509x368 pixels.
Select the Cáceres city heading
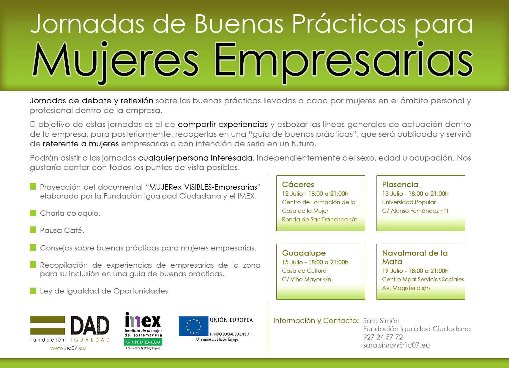click(298, 184)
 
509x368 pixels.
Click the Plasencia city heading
click(400, 184)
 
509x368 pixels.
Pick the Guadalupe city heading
click(304, 253)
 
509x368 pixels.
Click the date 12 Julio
click(292, 194)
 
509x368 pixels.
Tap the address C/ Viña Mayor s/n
click(306, 280)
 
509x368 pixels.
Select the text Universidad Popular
click(409, 202)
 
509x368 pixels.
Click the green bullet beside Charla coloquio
click(33, 213)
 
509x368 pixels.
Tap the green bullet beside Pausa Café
click(33, 230)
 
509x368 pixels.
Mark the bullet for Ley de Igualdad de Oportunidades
click(33, 291)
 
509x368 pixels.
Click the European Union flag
click(193, 326)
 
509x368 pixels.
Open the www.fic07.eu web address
click(68, 348)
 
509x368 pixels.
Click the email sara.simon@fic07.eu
click(396, 345)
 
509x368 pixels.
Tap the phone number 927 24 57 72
click(383, 337)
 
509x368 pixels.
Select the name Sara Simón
click(381, 321)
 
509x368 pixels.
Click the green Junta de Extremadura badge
click(143, 342)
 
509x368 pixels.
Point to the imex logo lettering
click(143, 320)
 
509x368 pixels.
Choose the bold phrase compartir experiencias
click(223, 125)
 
